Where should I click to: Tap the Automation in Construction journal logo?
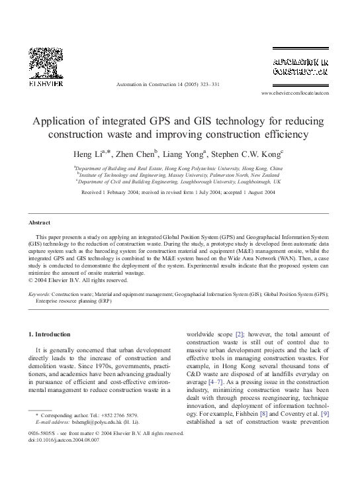click(300, 64)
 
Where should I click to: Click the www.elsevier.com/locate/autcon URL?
click(294, 93)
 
